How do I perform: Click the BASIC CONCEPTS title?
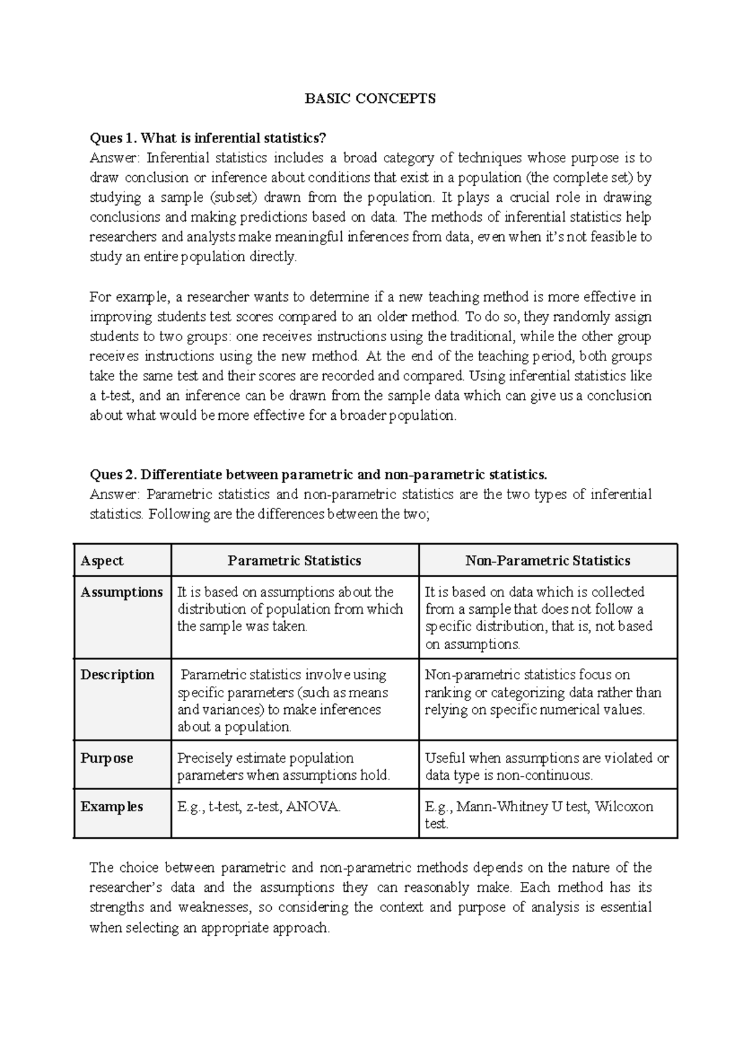(370, 98)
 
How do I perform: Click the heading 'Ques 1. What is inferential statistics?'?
(207, 137)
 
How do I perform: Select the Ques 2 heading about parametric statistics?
(318, 474)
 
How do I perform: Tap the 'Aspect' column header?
(102, 560)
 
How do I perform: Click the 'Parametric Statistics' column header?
(294, 560)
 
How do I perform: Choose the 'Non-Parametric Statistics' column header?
(547, 560)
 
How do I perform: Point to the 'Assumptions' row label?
(121, 592)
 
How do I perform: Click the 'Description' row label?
(117, 674)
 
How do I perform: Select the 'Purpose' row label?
(106, 758)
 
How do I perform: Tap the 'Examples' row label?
(111, 806)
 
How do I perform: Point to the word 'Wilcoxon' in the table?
(624, 806)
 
